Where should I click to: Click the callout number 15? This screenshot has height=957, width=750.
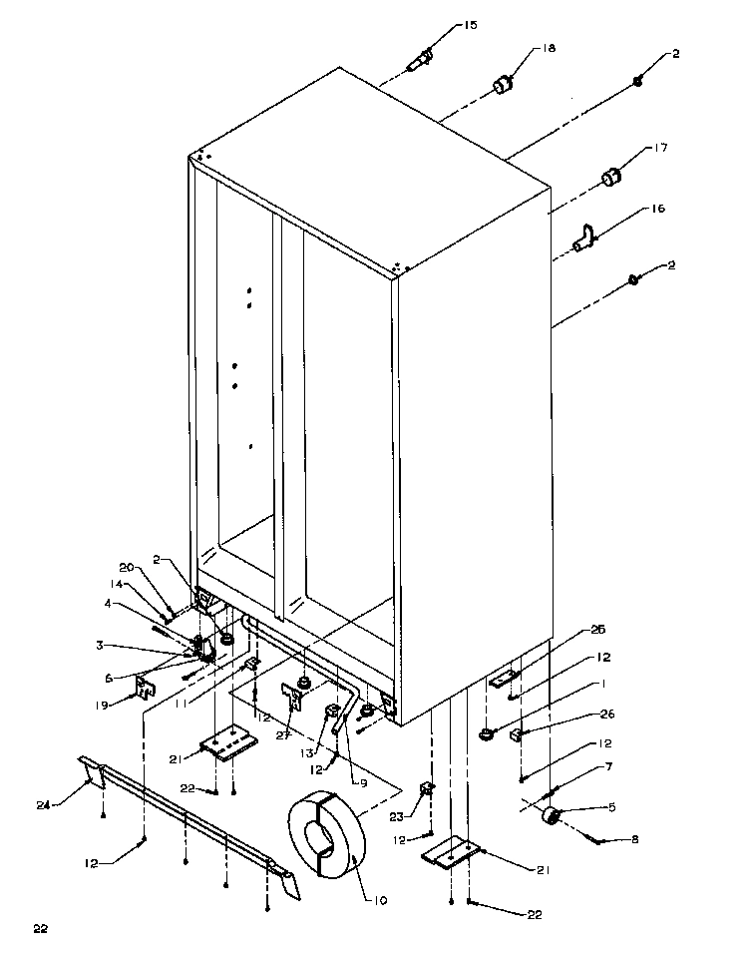(x=443, y=25)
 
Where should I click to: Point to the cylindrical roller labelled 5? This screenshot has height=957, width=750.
(x=549, y=818)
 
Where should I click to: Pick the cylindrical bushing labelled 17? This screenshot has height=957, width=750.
(x=610, y=179)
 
